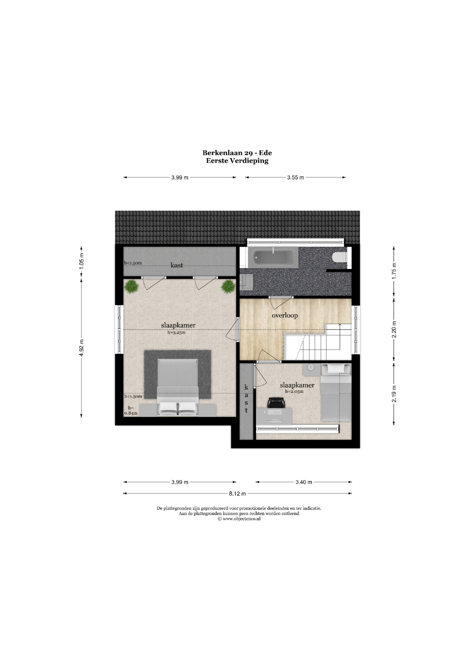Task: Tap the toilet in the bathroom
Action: click(x=339, y=257)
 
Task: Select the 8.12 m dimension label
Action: click(x=238, y=494)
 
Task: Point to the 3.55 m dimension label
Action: click(x=295, y=177)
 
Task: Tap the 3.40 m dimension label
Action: click(x=304, y=482)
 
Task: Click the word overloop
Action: click(x=285, y=316)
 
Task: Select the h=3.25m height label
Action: click(x=176, y=332)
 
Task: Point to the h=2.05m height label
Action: click(x=294, y=391)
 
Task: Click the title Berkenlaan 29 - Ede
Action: click(x=237, y=153)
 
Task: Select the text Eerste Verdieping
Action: click(x=237, y=160)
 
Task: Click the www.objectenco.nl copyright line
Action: click(x=239, y=519)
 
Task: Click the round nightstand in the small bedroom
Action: click(x=311, y=369)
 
